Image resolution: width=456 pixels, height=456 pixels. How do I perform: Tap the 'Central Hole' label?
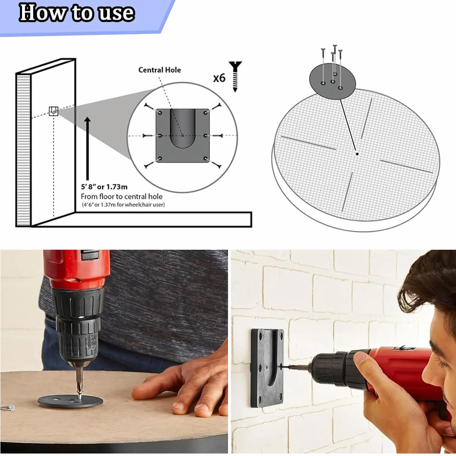[x=159, y=70]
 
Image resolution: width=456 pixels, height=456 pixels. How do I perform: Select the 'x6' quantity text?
[x=219, y=78]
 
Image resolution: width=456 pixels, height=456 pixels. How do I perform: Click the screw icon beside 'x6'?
[x=235, y=76]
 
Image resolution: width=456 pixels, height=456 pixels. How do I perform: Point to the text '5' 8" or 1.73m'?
[x=104, y=187]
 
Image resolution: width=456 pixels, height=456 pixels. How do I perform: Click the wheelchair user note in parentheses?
[x=123, y=204]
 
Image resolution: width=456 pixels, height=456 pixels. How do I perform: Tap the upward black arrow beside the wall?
[x=87, y=148]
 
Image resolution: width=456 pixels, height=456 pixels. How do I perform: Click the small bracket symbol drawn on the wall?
[x=53, y=111]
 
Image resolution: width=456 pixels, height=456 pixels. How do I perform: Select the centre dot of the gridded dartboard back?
[x=357, y=154]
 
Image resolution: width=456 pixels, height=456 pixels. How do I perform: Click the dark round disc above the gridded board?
[x=333, y=81]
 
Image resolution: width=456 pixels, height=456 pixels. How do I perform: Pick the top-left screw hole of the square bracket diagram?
[x=160, y=113]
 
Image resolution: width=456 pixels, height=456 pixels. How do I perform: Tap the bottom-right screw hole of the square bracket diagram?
[x=205, y=158]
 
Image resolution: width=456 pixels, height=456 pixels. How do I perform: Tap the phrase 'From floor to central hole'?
[x=122, y=197]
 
